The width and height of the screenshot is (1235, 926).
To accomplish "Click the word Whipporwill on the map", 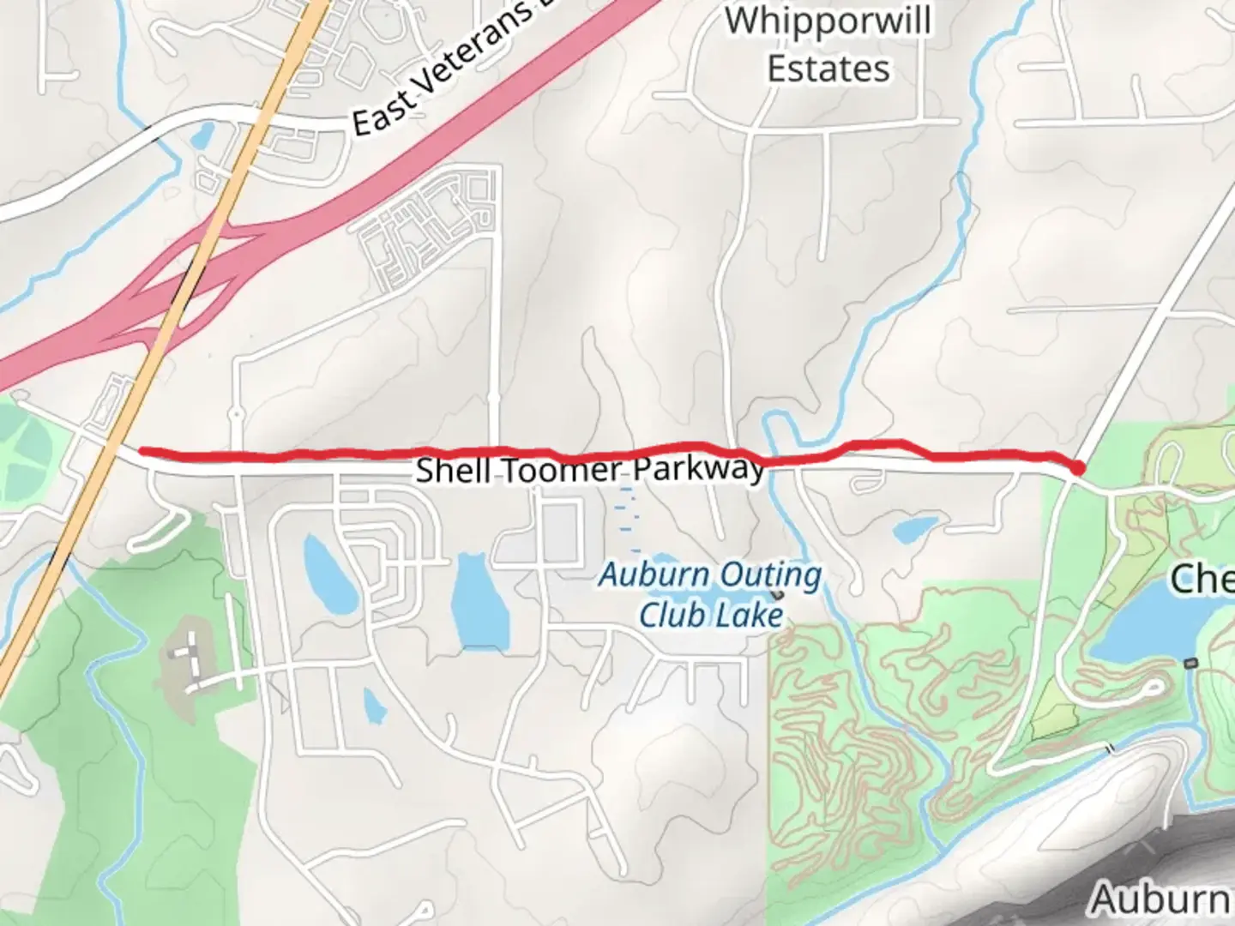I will (x=827, y=21).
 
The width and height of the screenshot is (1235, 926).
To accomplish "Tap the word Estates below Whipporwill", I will (x=828, y=69).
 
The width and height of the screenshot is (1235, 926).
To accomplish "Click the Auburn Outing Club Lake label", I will (x=710, y=594).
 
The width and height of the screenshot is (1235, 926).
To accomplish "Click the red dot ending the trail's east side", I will (x=1077, y=467).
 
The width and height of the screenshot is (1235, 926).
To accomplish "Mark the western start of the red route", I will (x=142, y=450).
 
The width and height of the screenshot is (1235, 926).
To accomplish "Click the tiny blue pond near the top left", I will (x=204, y=135).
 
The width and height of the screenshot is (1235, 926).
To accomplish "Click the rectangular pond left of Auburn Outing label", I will (x=479, y=600).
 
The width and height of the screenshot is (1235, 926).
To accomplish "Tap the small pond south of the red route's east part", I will (x=914, y=529).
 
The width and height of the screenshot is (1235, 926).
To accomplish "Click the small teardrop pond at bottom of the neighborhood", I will (x=374, y=705).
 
